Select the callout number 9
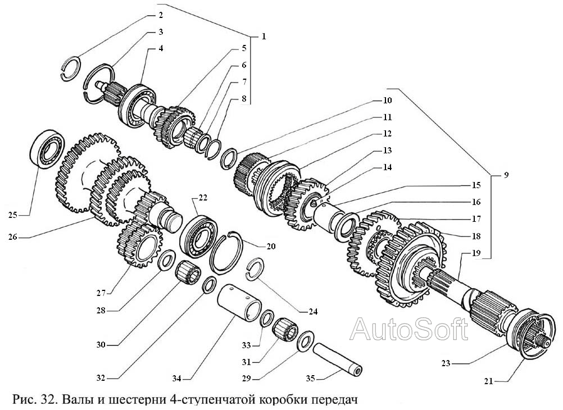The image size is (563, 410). click(x=506, y=175)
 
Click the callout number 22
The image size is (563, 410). click(x=203, y=197)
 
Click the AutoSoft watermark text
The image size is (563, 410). click(x=408, y=329)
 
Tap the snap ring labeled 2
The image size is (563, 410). click(x=71, y=68)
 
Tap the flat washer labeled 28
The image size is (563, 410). click(x=166, y=260)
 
